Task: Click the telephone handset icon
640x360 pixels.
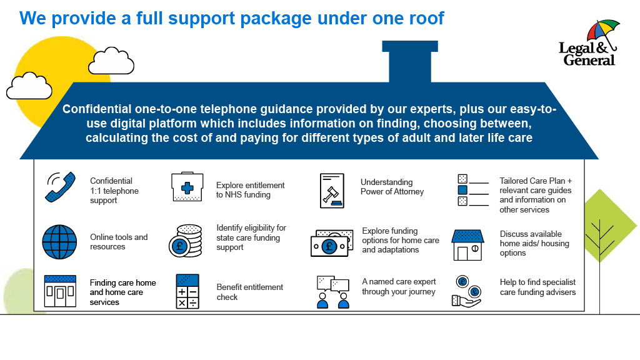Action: pyautogui.click(x=60, y=187)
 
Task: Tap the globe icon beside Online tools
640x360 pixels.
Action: pyautogui.click(x=59, y=241)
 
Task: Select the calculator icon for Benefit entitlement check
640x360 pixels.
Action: pyautogui.click(x=187, y=291)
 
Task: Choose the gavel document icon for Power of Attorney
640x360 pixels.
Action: pyautogui.click(x=332, y=190)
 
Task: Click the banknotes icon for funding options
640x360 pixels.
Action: pyautogui.click(x=332, y=242)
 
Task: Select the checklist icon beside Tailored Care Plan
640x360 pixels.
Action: pyautogui.click(x=472, y=190)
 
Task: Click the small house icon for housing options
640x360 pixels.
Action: pyautogui.click(x=468, y=245)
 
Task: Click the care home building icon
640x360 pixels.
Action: pyautogui.click(x=60, y=291)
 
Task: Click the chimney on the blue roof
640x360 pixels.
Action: pyautogui.click(x=409, y=61)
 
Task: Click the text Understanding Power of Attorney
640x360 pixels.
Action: pyautogui.click(x=392, y=187)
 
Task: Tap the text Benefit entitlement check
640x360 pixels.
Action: pyautogui.click(x=249, y=292)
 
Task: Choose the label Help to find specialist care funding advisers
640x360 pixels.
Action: pyautogui.click(x=537, y=287)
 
